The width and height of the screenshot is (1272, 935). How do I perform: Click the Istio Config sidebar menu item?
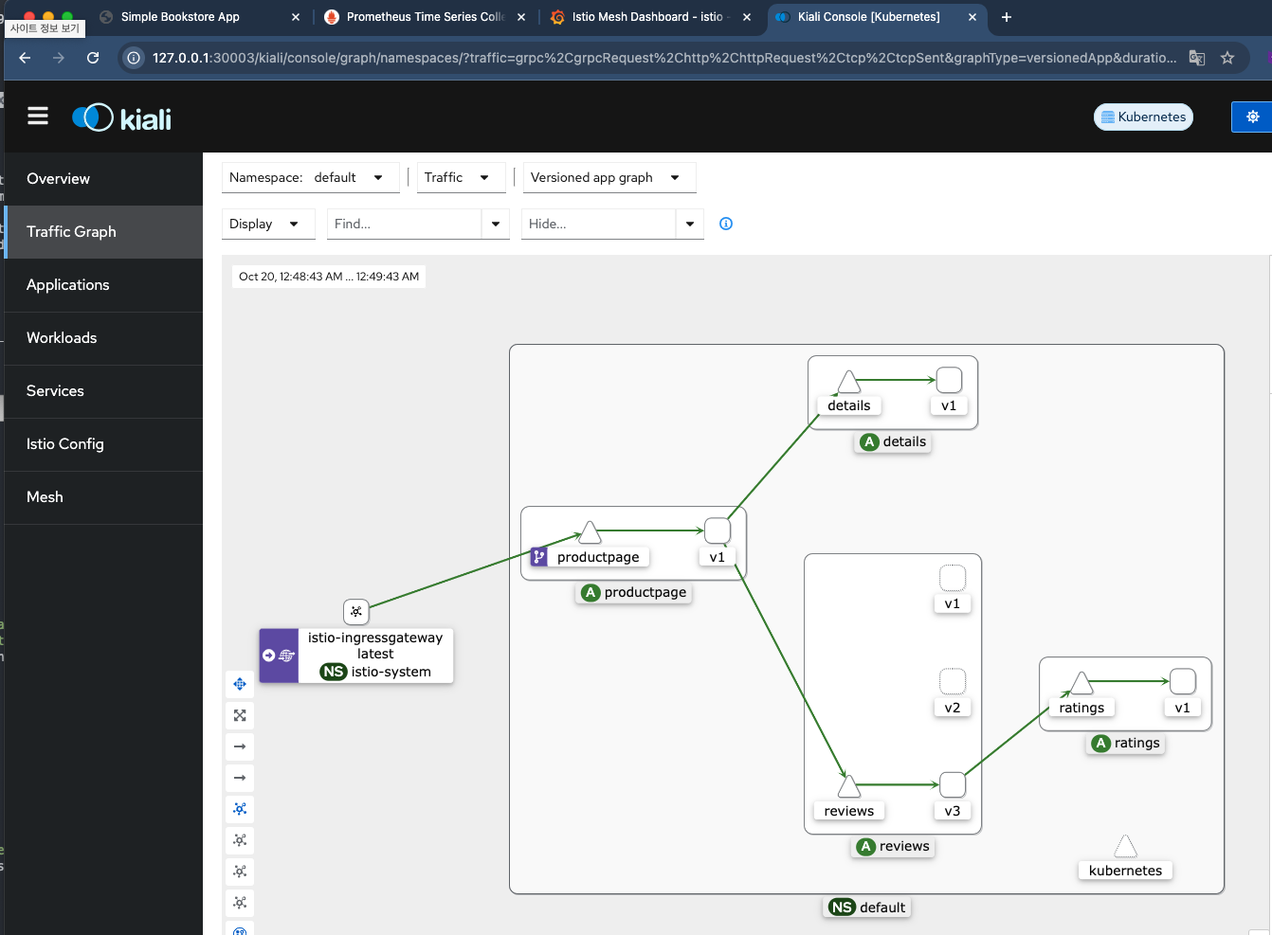pos(65,444)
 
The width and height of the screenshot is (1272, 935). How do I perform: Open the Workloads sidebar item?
pos(62,338)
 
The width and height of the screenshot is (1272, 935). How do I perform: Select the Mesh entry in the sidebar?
pos(45,496)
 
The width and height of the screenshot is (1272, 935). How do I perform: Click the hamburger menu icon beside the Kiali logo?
pos(38,117)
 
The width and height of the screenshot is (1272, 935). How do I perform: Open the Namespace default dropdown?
pos(310,178)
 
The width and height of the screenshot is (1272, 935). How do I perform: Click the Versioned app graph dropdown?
pos(609,178)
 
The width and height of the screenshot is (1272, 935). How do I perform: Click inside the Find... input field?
pos(405,224)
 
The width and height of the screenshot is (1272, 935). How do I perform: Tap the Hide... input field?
pos(598,224)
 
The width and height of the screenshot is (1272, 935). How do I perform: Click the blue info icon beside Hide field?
pos(726,224)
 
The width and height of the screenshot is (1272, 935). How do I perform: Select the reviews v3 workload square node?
pos(953,784)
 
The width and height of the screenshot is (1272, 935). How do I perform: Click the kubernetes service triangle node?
pos(1125,847)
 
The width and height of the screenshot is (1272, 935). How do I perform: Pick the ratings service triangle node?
pos(1081,682)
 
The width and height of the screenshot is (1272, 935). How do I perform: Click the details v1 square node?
pos(949,380)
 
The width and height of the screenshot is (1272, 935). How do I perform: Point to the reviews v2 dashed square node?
pos(953,681)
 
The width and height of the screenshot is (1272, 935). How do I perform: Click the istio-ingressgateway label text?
pos(375,638)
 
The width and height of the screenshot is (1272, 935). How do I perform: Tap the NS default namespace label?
pos(866,908)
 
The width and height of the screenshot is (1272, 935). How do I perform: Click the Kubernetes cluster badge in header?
pos(1143,117)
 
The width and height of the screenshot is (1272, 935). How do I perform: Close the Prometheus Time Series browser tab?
pos(520,17)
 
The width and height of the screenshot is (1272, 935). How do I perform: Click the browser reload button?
pos(93,58)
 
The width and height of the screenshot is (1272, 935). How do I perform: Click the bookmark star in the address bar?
pos(1227,58)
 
